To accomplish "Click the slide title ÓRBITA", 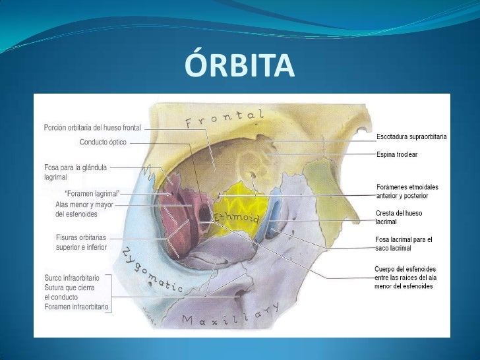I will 238,65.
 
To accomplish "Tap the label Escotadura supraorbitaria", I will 411,136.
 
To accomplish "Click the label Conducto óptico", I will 103,142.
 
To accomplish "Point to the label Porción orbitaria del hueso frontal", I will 92,127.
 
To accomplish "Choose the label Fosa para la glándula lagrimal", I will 75,173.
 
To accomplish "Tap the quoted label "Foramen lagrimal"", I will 92,193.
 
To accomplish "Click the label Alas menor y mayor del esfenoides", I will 85,209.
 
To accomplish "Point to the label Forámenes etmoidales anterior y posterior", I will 406,191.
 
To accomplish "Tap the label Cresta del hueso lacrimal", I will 398,218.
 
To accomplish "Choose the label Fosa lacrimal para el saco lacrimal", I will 404,243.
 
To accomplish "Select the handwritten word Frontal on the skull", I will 224,119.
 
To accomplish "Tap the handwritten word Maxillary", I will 231,316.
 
